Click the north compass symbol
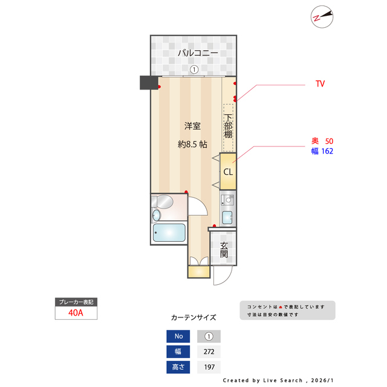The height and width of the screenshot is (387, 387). click(x=322, y=17)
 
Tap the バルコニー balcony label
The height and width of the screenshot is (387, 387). click(x=198, y=53)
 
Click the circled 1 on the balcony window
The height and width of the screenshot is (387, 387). click(x=194, y=70)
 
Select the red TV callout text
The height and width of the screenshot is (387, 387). click(x=320, y=83)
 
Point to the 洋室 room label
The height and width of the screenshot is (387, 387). click(x=192, y=126)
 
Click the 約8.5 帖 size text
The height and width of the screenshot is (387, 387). click(x=192, y=144)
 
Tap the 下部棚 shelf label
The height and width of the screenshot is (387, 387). click(x=228, y=126)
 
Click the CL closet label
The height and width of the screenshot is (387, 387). click(x=228, y=172)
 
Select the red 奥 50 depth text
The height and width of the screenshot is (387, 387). click(x=322, y=141)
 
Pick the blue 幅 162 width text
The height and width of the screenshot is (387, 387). click(x=322, y=151)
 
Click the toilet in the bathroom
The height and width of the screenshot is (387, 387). click(x=163, y=201)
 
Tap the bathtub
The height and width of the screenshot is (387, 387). click(x=169, y=233)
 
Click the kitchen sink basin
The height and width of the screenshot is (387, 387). click(x=227, y=218)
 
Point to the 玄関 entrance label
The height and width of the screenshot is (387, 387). click(x=224, y=250)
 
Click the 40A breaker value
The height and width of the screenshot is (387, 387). click(x=76, y=313)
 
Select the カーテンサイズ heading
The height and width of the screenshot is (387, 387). click(x=193, y=317)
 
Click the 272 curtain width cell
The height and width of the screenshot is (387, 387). click(x=209, y=351)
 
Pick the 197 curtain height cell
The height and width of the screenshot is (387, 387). click(x=209, y=367)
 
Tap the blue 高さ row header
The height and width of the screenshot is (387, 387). click(x=178, y=367)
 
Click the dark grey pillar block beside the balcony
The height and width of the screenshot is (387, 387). click(x=149, y=82)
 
